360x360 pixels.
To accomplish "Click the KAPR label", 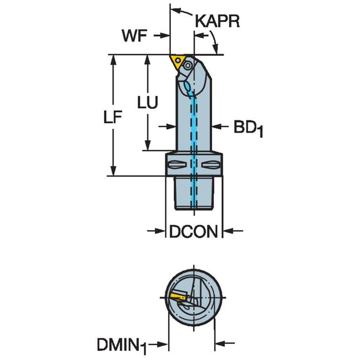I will (x=218, y=21).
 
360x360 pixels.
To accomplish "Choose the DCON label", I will (x=193, y=231).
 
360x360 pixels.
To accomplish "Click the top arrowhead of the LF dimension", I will (x=113, y=59).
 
